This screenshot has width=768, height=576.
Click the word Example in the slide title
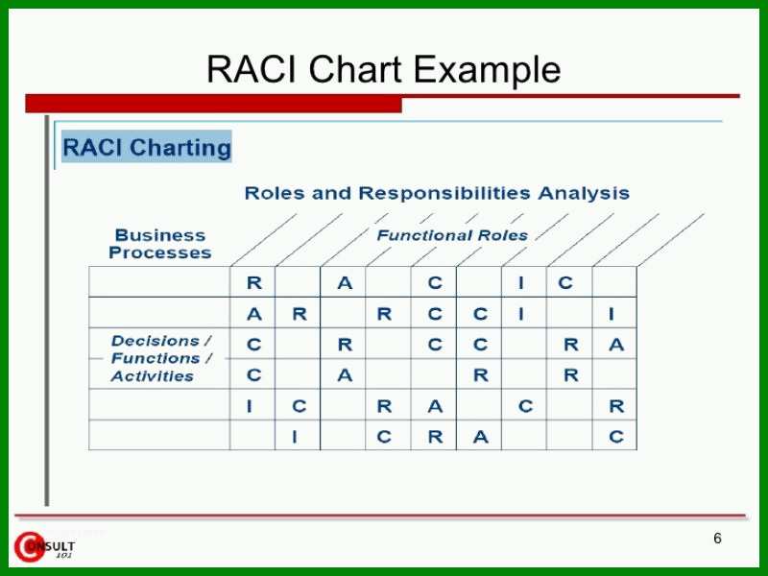pos(488,69)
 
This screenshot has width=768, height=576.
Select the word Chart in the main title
pos(355,68)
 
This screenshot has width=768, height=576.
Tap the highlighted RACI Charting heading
pos(147,147)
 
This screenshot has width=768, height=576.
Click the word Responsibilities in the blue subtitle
pos(444,193)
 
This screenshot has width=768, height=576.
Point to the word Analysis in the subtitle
pos(584,194)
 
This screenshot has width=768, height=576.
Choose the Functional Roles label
pos(452,235)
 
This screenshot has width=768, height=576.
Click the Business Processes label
pos(160,244)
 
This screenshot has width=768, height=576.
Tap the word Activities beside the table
pos(153,376)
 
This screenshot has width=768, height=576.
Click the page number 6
pos(717,539)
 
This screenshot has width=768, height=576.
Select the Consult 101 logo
pos(44,546)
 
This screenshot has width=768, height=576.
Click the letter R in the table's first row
pos(254,282)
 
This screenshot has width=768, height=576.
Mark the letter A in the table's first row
pos(345,282)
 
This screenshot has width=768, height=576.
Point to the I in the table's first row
pos(521,282)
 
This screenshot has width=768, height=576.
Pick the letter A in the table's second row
pos(254,314)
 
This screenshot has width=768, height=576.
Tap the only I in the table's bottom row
pos(295,437)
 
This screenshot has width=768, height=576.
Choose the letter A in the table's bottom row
pos(481,437)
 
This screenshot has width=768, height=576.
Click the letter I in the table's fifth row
pos(250,406)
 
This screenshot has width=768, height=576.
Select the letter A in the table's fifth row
pos(435,406)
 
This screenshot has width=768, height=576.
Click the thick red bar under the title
pos(213,104)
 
